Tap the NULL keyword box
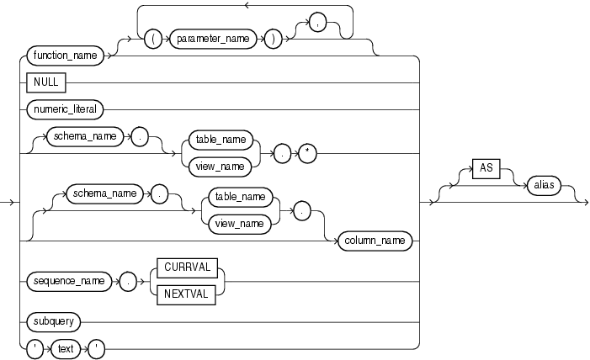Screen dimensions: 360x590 click(x=49, y=82)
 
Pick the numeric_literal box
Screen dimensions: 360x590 click(x=66, y=109)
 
